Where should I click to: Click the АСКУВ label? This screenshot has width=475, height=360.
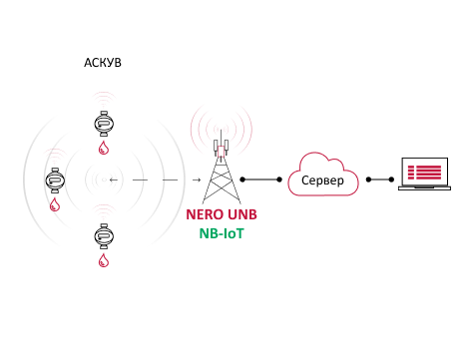click(x=103, y=63)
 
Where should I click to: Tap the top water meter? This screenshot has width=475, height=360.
click(x=104, y=124)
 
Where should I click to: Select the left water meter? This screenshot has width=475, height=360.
click(x=55, y=180)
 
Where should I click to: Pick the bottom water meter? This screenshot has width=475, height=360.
click(x=104, y=236)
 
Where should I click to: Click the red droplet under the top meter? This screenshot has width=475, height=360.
click(x=104, y=148)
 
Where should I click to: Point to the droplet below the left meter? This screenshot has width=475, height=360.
click(x=55, y=204)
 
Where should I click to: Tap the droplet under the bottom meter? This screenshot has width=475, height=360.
click(x=104, y=260)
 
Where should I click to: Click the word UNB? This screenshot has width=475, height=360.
click(x=242, y=214)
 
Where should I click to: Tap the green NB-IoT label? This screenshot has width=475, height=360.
click(x=222, y=233)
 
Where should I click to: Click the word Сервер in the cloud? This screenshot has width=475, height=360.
click(x=322, y=180)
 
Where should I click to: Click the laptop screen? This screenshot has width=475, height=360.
click(x=425, y=173)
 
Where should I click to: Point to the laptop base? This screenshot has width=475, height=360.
click(x=425, y=188)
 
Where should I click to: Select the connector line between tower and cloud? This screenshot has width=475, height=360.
click(x=261, y=180)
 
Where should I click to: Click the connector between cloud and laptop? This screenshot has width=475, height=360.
click(x=380, y=180)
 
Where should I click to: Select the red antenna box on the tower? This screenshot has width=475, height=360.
click(x=222, y=151)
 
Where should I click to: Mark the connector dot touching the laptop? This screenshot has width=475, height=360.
click(x=391, y=180)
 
